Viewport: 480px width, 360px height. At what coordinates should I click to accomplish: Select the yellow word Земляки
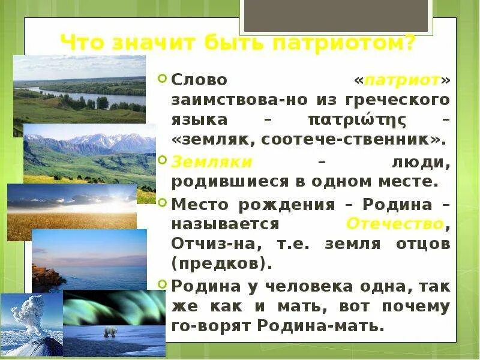[x=212, y=162]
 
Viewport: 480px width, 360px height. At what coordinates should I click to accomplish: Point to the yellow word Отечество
[x=395, y=224]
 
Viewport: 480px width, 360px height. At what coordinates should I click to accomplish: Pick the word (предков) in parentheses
[x=221, y=263]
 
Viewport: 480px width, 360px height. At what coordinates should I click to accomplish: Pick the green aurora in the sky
[x=114, y=306]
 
